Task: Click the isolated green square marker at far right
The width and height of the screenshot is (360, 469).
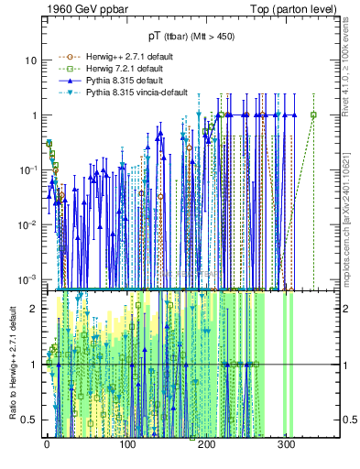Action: (x=313, y=115)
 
